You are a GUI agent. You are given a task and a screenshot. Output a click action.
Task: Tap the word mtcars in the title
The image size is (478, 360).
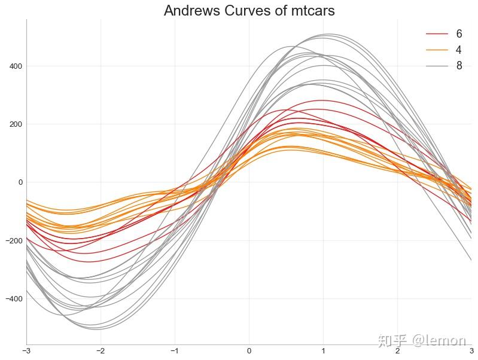[309, 11]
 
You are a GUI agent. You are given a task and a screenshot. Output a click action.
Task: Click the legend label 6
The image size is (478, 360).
[459, 34]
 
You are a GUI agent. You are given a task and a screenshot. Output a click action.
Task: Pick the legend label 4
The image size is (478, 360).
[459, 50]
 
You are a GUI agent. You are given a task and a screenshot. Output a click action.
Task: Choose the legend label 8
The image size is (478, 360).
[459, 66]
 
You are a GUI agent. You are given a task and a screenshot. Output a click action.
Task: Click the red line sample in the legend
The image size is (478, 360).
[437, 34]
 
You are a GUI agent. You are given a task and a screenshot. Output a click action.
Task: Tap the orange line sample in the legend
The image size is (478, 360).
[437, 50]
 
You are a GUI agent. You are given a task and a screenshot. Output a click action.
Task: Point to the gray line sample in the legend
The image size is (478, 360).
[437, 66]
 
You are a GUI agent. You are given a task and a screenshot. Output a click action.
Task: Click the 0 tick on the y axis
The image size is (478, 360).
[19, 182]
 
